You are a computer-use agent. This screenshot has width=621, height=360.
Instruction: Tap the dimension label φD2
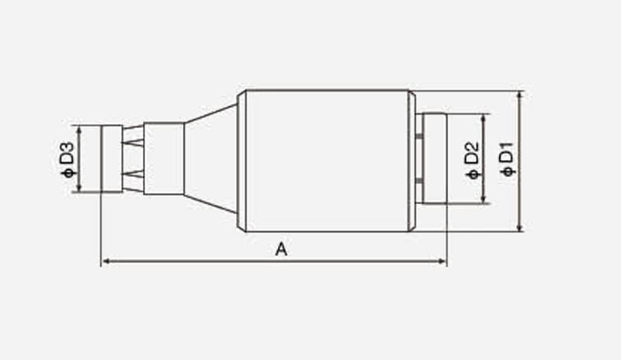tap(473, 160)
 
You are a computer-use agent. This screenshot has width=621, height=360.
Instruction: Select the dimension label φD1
tap(508, 159)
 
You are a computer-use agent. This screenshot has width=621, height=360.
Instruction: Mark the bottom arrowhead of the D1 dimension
tap(519, 227)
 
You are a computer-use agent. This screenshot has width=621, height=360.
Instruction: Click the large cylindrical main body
tap(326, 161)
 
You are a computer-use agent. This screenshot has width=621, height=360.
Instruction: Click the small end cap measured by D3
tap(111, 159)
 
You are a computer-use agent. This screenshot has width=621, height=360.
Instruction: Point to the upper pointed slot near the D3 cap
tap(134, 142)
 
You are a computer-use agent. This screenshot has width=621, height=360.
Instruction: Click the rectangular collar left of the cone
tap(164, 158)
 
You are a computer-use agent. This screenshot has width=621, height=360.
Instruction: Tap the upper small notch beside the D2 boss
tap(418, 137)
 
